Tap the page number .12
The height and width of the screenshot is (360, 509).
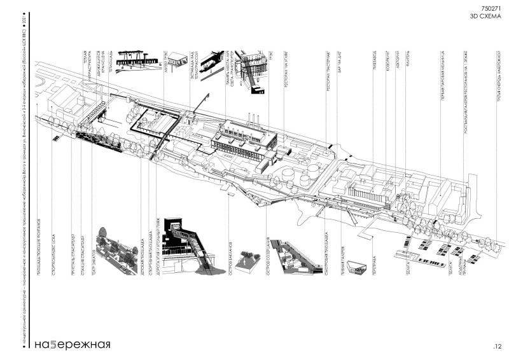(x=497, y=346)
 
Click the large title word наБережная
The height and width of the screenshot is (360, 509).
(x=73, y=345)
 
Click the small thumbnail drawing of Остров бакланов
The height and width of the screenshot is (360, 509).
(x=246, y=260)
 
